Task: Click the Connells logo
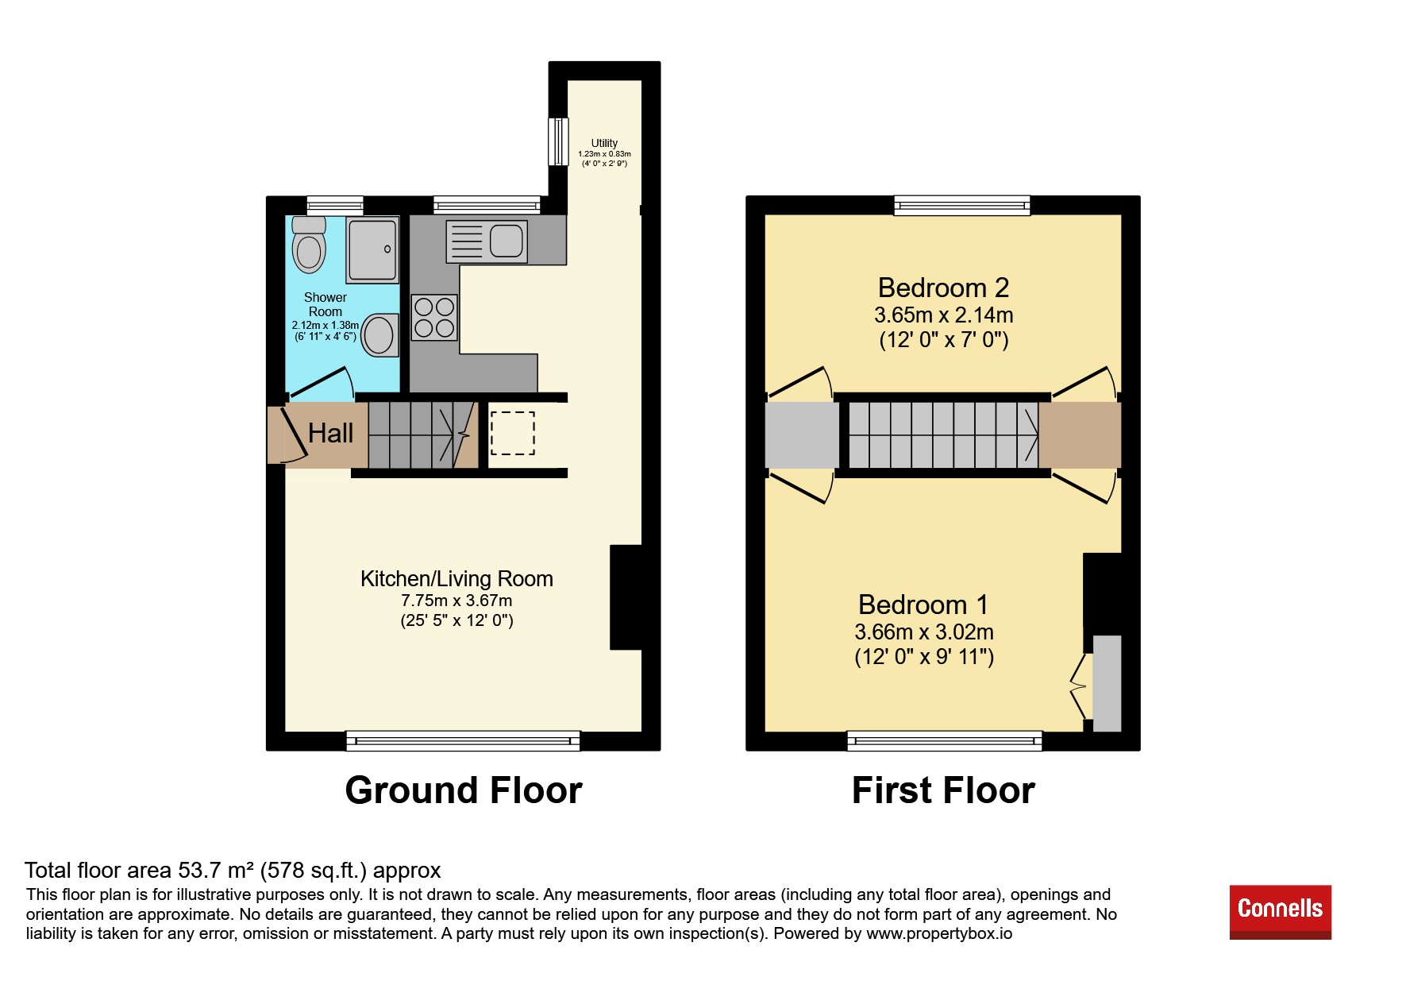[x=1280, y=911]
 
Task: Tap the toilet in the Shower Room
[x=309, y=245]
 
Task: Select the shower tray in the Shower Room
[x=372, y=250]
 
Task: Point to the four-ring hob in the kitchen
[x=434, y=318]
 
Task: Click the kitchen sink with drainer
[x=487, y=241]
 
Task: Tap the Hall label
[x=330, y=433]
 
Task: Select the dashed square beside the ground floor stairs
[x=513, y=434]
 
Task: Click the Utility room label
[x=604, y=143]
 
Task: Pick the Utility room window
[x=559, y=142]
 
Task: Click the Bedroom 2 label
[x=943, y=287]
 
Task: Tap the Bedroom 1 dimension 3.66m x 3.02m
[x=924, y=632]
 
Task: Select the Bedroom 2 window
[x=962, y=206]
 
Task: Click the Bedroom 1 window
[x=945, y=741]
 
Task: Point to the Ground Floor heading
[x=464, y=790]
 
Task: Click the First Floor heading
[x=943, y=790]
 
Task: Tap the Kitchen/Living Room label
[x=456, y=578]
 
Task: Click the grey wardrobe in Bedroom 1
[x=1107, y=683]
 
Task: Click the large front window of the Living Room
[x=463, y=741]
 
